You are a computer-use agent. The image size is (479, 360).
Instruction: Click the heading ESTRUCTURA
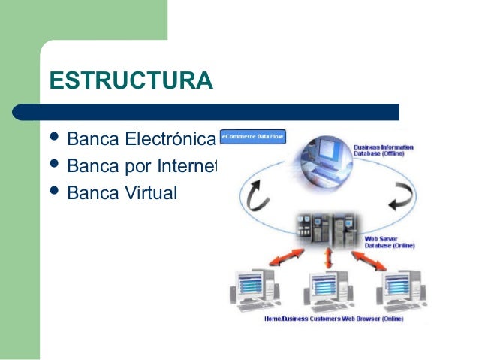pos(131,80)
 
